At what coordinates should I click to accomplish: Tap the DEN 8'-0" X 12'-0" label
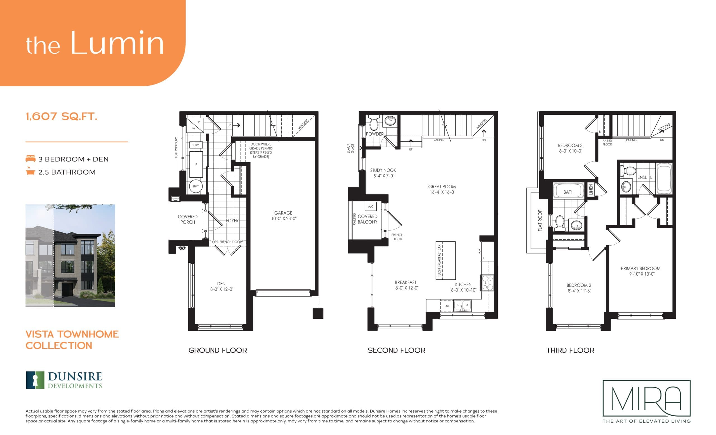[x=222, y=286]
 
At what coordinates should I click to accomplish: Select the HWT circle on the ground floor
[x=196, y=186]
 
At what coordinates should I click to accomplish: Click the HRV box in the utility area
[x=196, y=145]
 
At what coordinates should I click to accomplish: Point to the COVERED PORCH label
[x=187, y=219]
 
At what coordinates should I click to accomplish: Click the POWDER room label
[x=375, y=134]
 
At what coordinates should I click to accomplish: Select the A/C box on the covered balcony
[x=371, y=206]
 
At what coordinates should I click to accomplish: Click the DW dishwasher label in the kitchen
[x=447, y=305]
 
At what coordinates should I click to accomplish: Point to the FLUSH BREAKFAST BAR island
[x=446, y=260]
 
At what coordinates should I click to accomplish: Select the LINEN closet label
[x=591, y=189]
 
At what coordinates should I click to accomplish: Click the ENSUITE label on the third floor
[x=645, y=177]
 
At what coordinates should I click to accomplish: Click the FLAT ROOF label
[x=540, y=220]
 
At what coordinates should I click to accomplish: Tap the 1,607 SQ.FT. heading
[x=62, y=117]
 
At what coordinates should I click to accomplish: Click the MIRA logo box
[x=647, y=398]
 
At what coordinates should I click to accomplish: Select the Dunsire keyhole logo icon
[x=36, y=380]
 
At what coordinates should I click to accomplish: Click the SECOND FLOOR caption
[x=396, y=350]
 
